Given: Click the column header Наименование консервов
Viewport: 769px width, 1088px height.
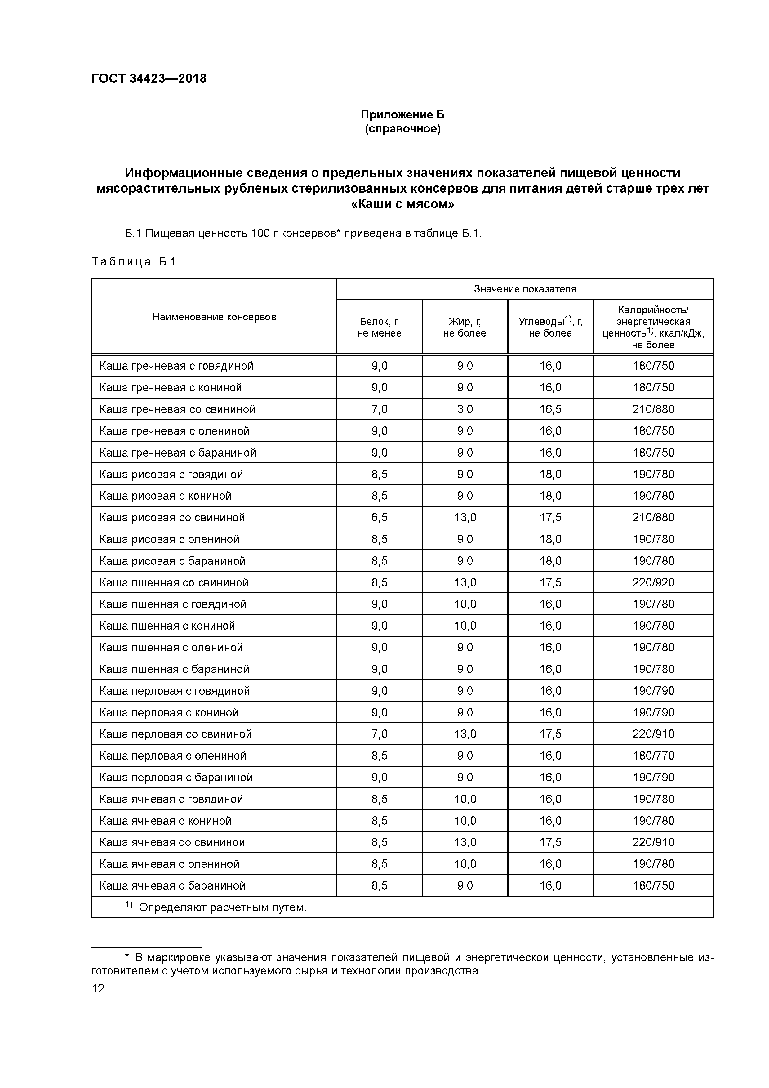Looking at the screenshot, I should point(214,317).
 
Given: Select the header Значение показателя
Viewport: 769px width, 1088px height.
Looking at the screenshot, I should point(525,289).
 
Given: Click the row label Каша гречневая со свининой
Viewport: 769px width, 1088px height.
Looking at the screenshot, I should point(177,409).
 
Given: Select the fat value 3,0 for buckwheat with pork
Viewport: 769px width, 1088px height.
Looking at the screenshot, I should point(465,409).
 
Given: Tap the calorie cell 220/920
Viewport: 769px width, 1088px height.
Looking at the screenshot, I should point(653,582).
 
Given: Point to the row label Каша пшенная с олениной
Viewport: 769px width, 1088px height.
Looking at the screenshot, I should point(171,647).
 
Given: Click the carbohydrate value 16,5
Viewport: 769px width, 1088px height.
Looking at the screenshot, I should point(550,409).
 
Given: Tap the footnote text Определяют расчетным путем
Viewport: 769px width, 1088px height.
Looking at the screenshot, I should point(222,907).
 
